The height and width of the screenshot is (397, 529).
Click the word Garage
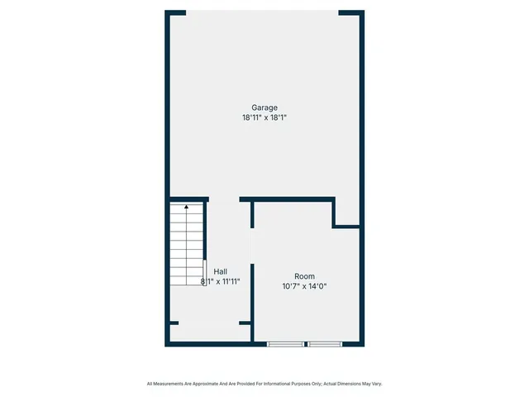[264, 107]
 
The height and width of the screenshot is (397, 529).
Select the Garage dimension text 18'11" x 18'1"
[264, 117]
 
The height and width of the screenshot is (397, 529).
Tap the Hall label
[221, 271]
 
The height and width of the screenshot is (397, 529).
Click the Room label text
[305, 276]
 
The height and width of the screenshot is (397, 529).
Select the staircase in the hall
[187, 244]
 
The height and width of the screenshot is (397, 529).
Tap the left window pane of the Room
[285, 343]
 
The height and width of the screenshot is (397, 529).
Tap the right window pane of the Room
[325, 343]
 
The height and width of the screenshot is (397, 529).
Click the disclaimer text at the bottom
[264, 384]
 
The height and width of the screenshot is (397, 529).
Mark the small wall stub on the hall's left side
[173, 323]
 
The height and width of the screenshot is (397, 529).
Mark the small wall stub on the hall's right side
[245, 323]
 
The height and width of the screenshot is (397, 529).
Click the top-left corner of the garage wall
[168, 13]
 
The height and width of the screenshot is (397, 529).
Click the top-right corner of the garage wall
[361, 13]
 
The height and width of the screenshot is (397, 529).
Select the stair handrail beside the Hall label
[204, 272]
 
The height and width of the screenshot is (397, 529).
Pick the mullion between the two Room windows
[305, 343]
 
